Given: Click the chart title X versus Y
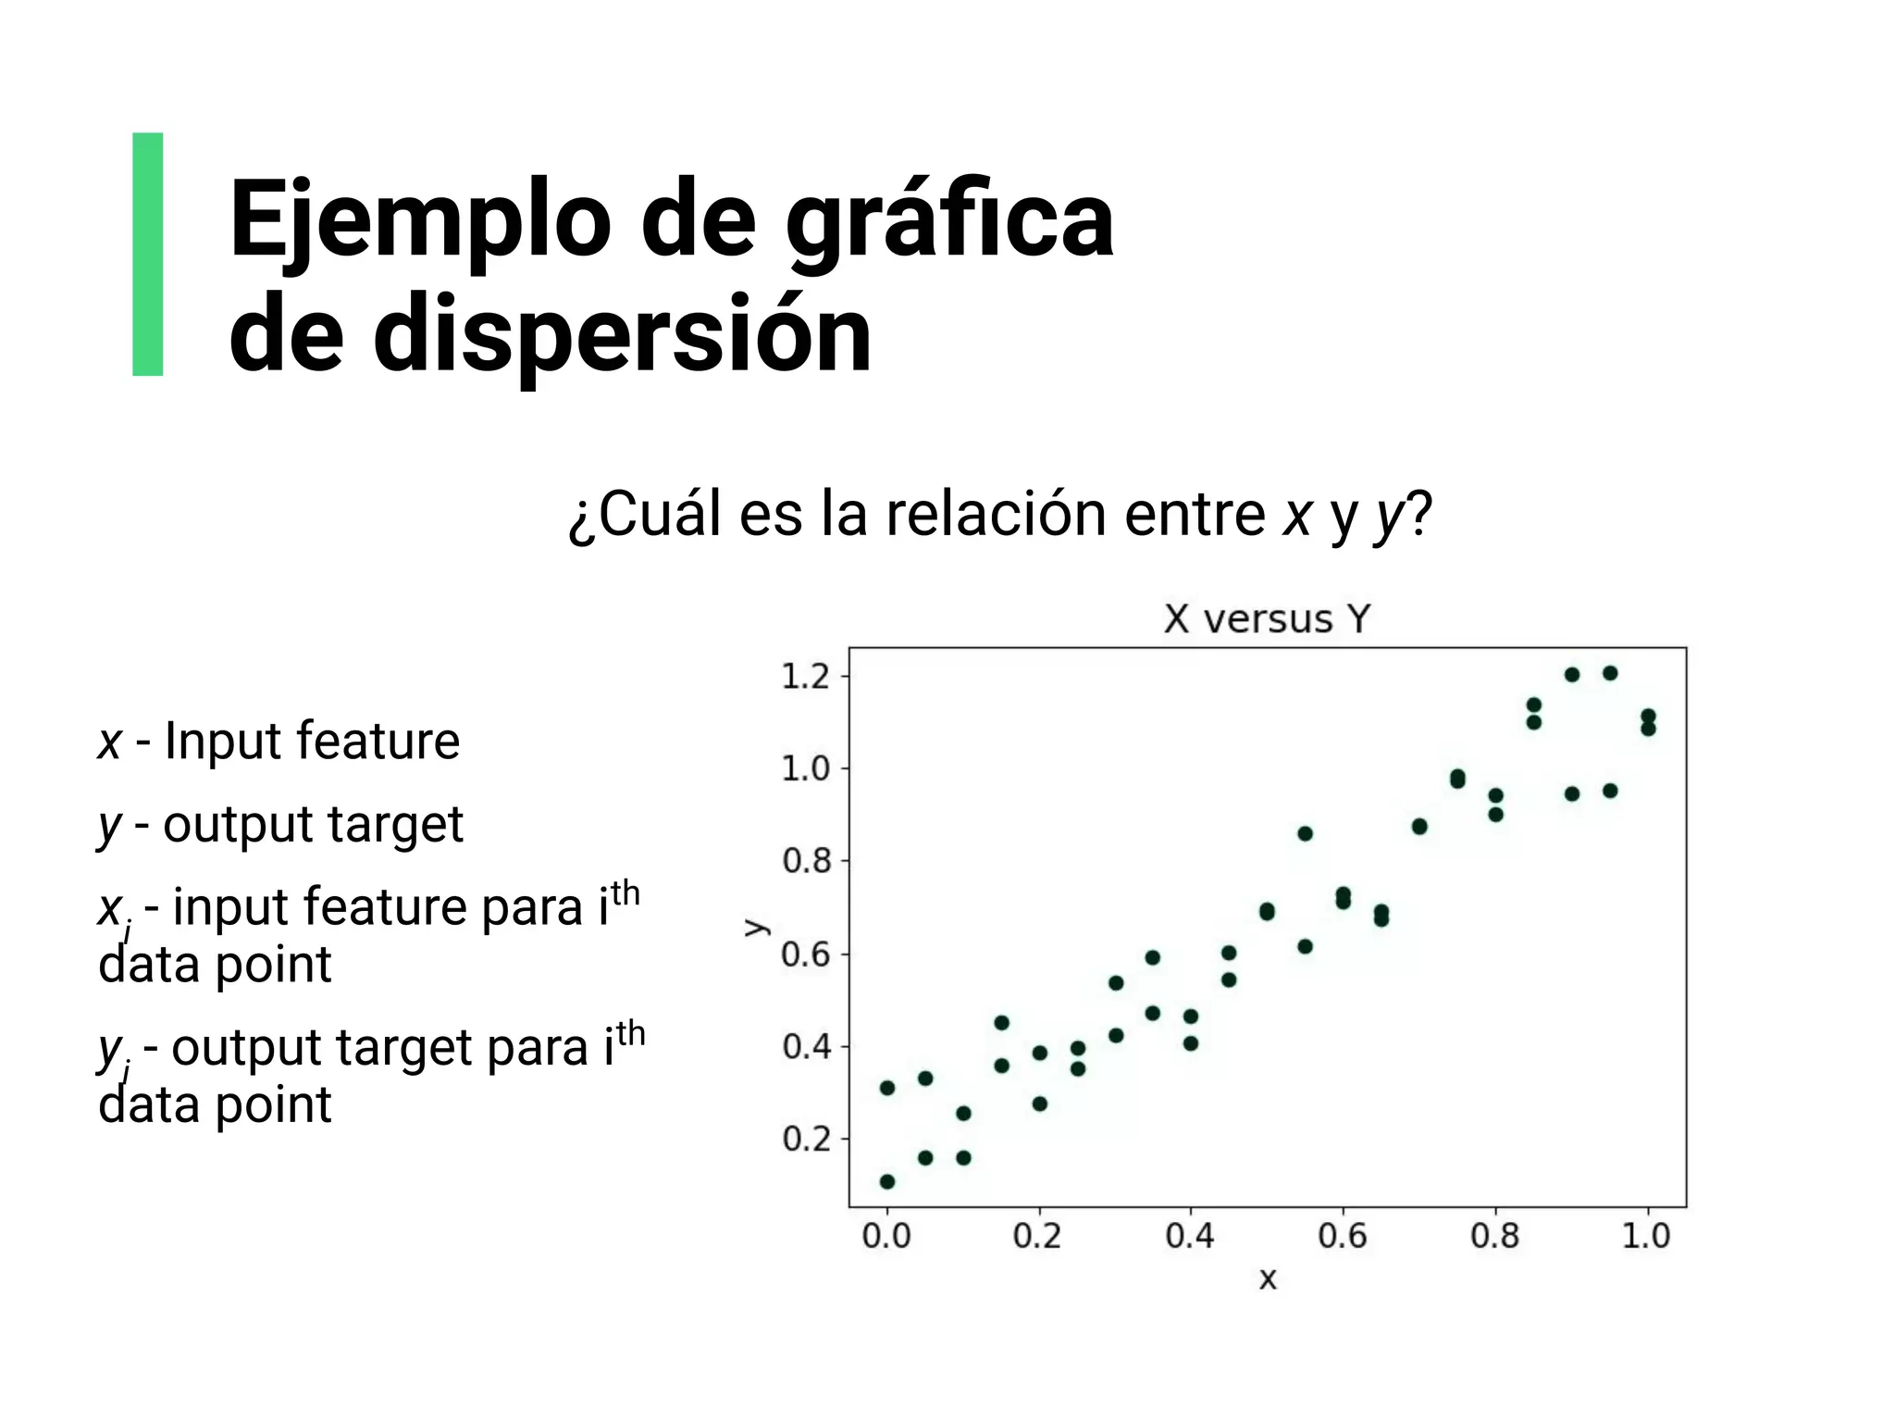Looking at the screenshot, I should coord(1267,618).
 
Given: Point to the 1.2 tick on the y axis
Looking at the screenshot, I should coord(806,677).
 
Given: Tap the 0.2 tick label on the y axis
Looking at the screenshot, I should coord(806,1139).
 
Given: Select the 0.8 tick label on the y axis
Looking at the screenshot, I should coord(806,861).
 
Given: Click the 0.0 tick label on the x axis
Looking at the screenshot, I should coord(886,1236).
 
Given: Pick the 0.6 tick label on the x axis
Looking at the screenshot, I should coord(1343,1236).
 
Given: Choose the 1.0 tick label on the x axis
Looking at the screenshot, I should coord(1646,1236).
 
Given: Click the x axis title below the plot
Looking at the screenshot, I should coord(1268,1279).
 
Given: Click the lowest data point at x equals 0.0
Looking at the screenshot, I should coord(887,1181).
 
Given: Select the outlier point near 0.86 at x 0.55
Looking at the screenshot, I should coord(1305,833).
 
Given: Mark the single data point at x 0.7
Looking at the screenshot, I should coord(1419,826).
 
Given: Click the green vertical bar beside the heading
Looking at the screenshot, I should coord(148,254).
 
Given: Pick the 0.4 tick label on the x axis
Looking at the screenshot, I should coord(1190,1236).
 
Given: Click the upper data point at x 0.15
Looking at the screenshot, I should coord(1001,1022).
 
